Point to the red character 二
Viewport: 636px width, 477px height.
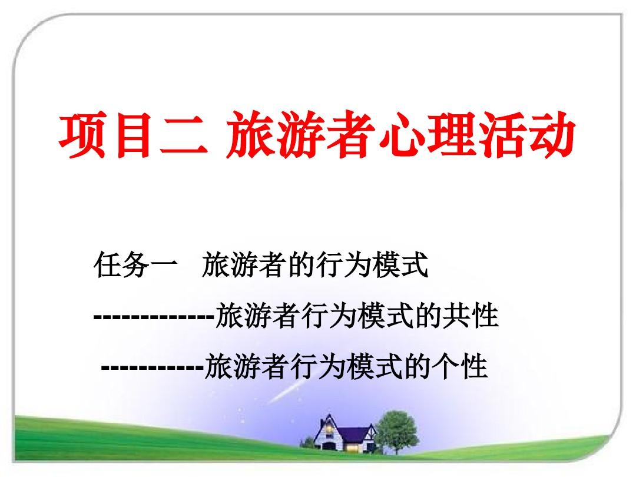click(x=184, y=136)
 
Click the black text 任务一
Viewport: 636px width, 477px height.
click(x=135, y=265)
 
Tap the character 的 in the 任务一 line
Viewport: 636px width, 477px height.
click(x=300, y=265)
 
